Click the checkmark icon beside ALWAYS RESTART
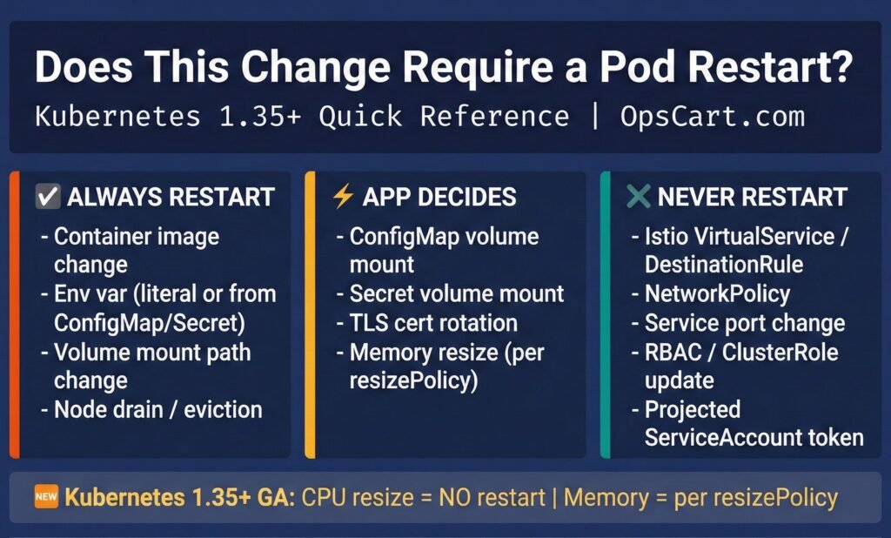[48, 197]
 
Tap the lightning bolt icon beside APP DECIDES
[343, 196]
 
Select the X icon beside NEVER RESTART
[638, 196]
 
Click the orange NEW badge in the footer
[46, 496]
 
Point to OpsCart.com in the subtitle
[713, 117]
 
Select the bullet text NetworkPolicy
[717, 294]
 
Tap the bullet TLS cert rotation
[433, 323]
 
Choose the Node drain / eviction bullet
[158, 409]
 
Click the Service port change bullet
[745, 323]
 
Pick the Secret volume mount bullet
[456, 294]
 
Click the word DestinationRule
[723, 265]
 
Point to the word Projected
[692, 409]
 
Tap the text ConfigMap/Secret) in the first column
[150, 323]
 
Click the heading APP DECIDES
[439, 197]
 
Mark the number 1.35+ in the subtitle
[259, 117]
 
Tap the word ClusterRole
[780, 353]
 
